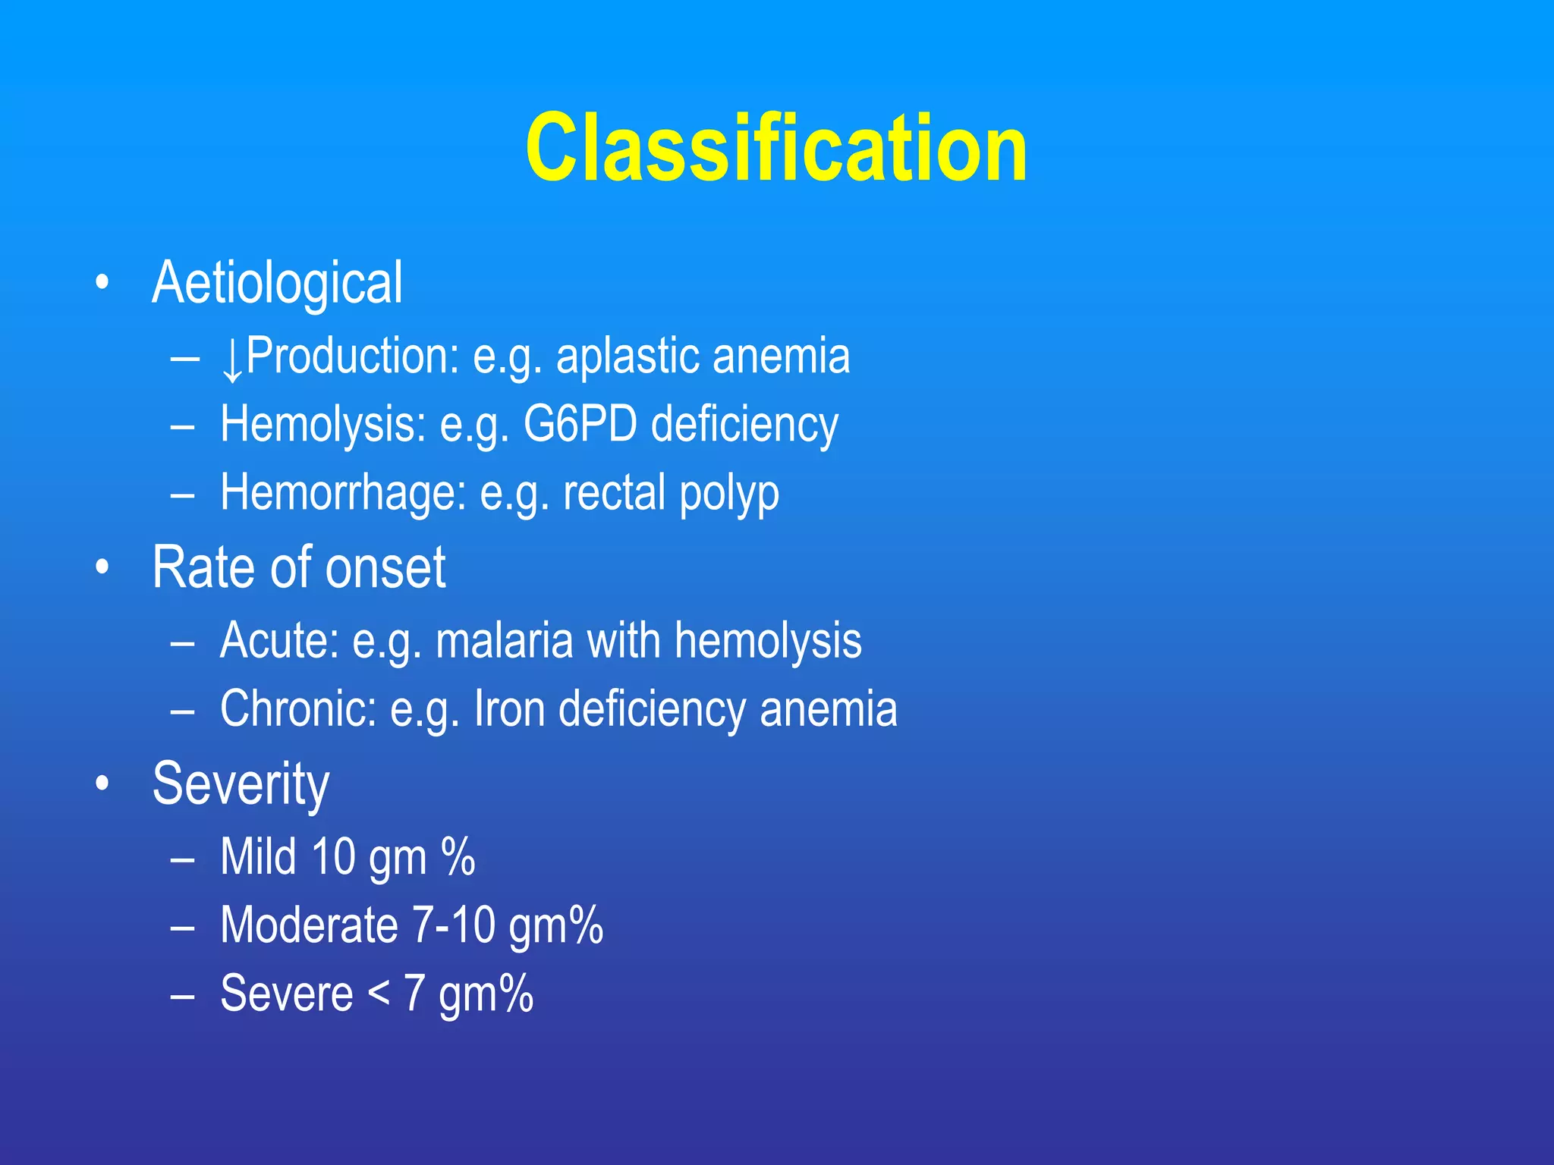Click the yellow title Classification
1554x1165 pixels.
click(x=775, y=148)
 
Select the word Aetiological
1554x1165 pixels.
click(x=277, y=283)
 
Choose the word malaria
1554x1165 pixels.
click(x=504, y=641)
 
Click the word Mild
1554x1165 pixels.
click(x=258, y=857)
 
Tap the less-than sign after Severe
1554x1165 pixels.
click(x=379, y=994)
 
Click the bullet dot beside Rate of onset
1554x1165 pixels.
click(x=102, y=567)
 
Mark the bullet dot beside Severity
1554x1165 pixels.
click(x=102, y=783)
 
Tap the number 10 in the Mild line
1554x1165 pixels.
click(x=333, y=857)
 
